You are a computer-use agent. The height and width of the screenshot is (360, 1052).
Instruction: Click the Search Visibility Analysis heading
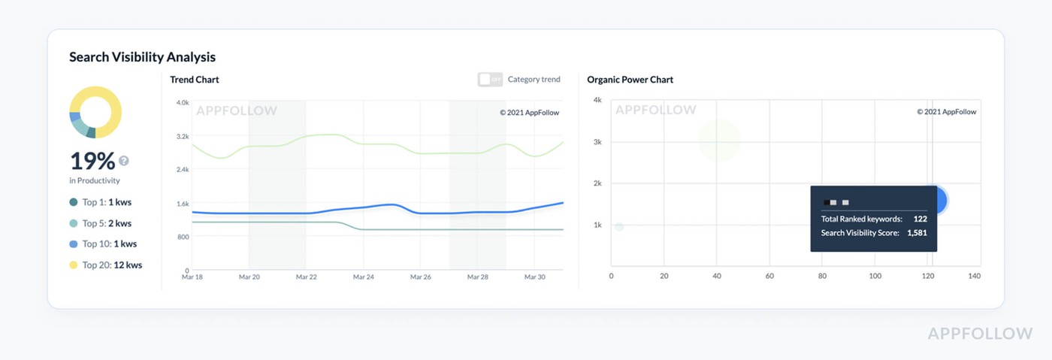click(142, 57)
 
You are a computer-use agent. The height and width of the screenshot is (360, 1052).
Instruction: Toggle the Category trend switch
click(490, 80)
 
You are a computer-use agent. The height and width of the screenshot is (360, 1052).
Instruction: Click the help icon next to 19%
click(124, 161)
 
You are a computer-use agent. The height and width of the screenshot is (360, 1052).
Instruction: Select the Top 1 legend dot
click(74, 202)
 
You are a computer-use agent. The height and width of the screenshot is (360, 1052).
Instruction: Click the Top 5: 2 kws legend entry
click(107, 223)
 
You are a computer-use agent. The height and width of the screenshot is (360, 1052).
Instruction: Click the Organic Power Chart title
click(630, 80)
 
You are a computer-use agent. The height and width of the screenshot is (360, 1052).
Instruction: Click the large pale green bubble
click(719, 140)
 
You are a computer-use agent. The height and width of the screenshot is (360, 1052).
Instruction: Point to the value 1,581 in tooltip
click(917, 233)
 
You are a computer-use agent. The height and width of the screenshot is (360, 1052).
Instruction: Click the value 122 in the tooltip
click(920, 219)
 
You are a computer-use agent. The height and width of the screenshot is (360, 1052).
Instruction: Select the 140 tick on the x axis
click(975, 277)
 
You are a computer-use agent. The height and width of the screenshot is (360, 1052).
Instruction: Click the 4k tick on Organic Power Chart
click(597, 100)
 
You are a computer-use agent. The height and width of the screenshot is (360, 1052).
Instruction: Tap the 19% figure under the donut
click(92, 161)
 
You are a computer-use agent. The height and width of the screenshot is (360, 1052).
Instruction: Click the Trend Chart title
click(195, 80)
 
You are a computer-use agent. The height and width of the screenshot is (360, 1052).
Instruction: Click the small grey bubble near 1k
click(619, 227)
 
